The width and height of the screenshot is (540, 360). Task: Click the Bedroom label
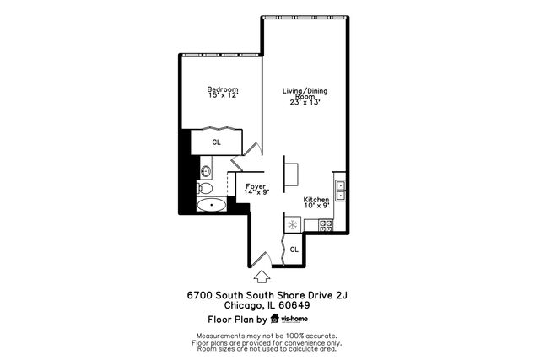[223, 89]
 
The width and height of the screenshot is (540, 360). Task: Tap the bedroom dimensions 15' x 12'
[223, 96]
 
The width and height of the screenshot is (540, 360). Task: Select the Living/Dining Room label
[304, 91]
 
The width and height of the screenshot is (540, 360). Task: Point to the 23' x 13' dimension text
[305, 103]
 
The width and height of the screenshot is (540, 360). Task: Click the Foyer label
[256, 185]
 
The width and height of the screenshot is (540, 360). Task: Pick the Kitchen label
[317, 199]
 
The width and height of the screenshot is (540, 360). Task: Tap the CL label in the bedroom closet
[217, 141]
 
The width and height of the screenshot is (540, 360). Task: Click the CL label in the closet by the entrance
[294, 250]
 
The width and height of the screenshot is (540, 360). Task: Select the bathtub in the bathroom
[211, 205]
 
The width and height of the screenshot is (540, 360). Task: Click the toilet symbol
[205, 188]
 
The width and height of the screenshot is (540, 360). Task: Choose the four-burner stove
[325, 224]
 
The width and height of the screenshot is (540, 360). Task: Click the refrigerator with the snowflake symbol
[293, 225]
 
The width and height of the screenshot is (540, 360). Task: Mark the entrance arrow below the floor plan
[261, 275]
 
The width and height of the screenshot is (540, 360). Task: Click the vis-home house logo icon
[274, 320]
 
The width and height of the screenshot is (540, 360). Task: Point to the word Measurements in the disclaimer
[218, 335]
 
